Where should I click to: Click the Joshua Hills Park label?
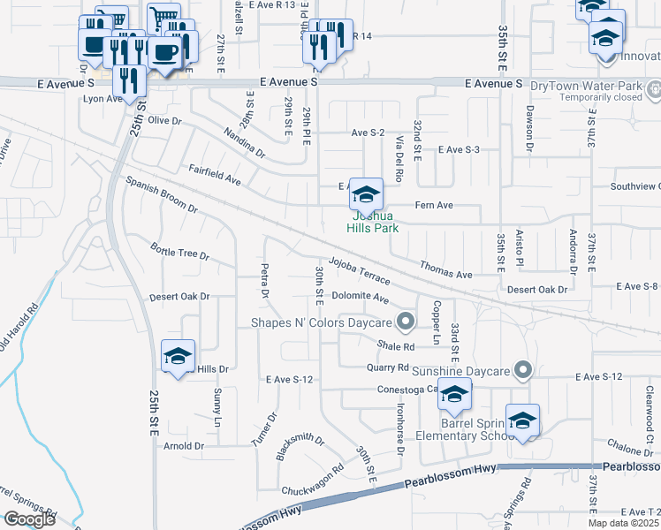376,222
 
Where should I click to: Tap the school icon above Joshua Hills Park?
366,193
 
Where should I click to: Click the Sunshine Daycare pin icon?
524,369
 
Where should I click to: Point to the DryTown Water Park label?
573,85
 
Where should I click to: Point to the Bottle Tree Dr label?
179,252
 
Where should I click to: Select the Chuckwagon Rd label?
312,479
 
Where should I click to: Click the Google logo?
29,519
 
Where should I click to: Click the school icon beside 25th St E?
178,356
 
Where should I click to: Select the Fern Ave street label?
434,205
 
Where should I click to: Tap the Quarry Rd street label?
390,367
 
